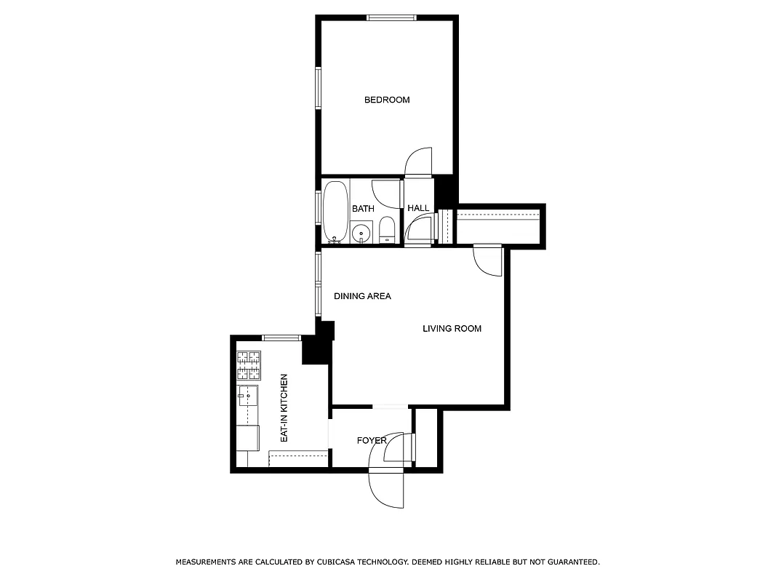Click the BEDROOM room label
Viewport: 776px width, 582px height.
pyautogui.click(x=387, y=100)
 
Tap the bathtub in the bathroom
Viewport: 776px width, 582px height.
pyautogui.click(x=335, y=211)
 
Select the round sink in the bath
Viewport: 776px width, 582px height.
pyautogui.click(x=361, y=234)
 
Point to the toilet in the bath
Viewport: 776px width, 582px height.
pyautogui.click(x=387, y=228)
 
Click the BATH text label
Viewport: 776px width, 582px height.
pyautogui.click(x=363, y=209)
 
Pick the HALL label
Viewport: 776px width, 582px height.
pyautogui.click(x=418, y=209)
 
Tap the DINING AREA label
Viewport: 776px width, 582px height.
pyautogui.click(x=362, y=296)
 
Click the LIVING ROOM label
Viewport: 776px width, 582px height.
pyautogui.click(x=452, y=329)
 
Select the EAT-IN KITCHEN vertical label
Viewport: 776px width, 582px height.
pyautogui.click(x=284, y=408)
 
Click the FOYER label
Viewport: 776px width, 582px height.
pyautogui.click(x=371, y=441)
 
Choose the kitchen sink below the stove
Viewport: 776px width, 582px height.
pyautogui.click(x=248, y=396)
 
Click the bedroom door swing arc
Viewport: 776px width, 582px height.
pyautogui.click(x=418, y=162)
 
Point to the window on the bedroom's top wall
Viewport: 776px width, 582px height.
pyautogui.click(x=391, y=17)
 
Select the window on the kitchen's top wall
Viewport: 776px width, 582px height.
pyautogui.click(x=281, y=338)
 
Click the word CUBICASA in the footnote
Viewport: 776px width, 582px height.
pyautogui.click(x=340, y=562)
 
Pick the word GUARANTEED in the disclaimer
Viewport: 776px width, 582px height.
pyautogui.click(x=572, y=562)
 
